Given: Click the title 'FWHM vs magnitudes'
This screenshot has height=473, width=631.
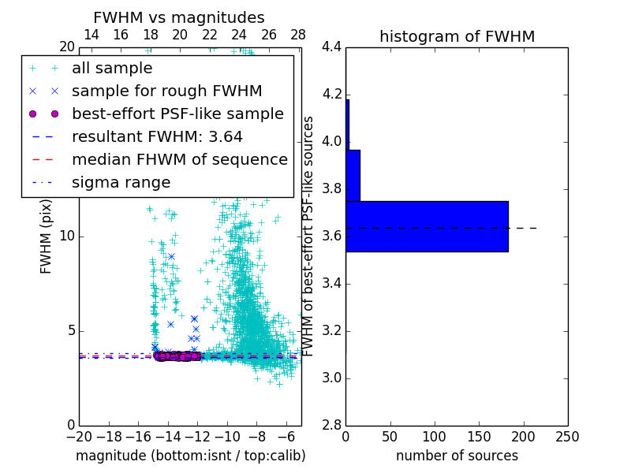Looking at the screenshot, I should [x=179, y=18].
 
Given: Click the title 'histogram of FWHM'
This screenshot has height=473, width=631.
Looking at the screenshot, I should [x=457, y=36].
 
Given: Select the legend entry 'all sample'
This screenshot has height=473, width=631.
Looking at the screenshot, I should [x=112, y=69].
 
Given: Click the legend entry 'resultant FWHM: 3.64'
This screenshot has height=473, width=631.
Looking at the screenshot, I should [x=157, y=137].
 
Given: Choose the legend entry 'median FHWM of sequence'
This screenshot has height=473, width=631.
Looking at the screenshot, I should [x=179, y=160].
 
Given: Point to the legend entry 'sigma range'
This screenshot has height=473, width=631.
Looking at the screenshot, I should [x=121, y=183].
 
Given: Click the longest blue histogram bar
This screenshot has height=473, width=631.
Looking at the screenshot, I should [x=427, y=226].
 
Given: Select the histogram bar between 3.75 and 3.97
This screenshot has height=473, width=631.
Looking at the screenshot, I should [x=353, y=175].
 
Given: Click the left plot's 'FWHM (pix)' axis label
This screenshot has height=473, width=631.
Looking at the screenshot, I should [x=47, y=236].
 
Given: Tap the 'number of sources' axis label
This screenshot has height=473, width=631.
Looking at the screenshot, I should [x=457, y=456].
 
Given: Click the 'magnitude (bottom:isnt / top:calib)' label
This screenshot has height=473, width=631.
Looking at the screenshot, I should [x=190, y=456].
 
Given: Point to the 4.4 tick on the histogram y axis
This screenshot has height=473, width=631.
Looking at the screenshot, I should [x=331, y=47].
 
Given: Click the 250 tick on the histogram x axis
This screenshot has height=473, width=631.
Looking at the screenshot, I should [x=568, y=437].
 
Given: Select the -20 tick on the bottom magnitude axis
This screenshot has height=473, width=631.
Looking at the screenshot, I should [x=79, y=437].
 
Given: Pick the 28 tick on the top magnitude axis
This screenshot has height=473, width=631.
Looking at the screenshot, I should [x=298, y=35].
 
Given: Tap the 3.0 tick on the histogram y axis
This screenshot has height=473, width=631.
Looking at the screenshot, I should [x=331, y=378].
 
